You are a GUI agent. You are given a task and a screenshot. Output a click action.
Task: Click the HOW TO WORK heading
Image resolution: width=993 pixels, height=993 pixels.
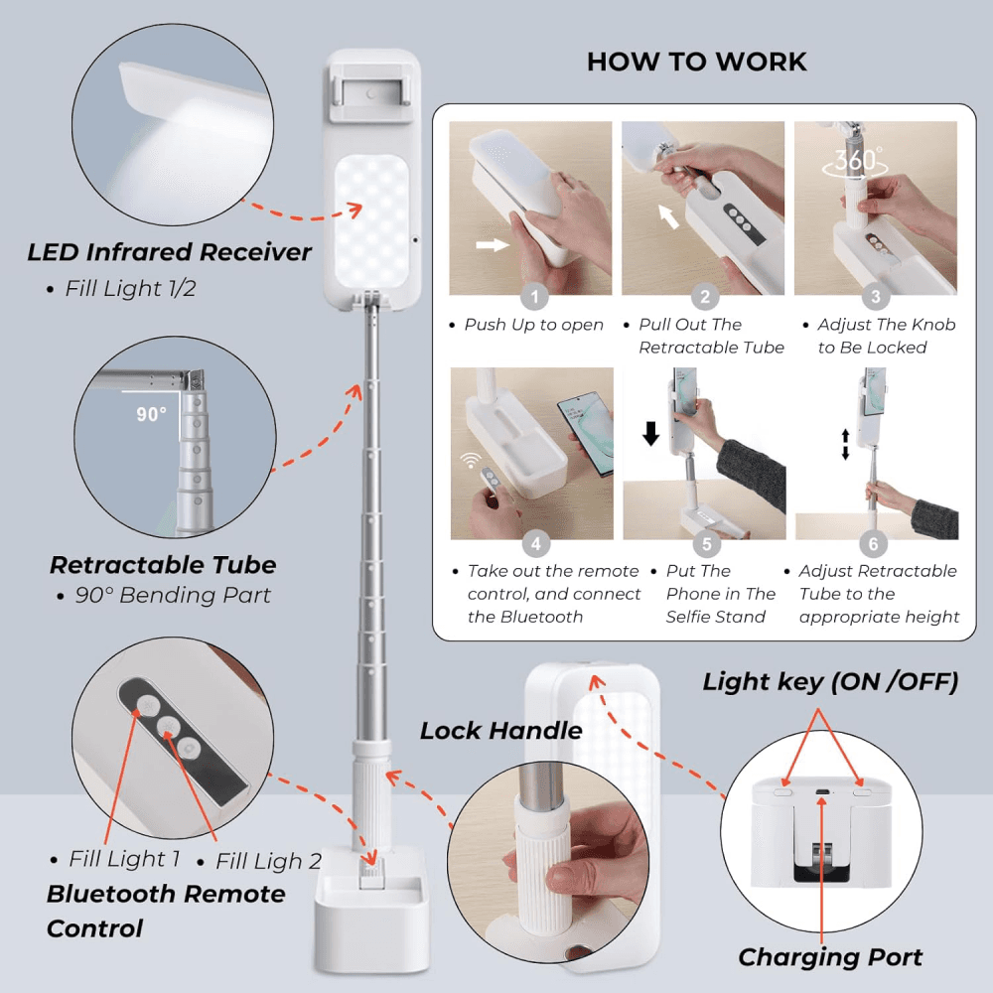click(x=696, y=62)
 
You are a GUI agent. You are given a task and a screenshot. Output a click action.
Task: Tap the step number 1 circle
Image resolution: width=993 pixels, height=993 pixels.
click(x=534, y=296)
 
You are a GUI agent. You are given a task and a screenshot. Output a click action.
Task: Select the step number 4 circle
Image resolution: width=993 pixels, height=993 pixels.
click(x=535, y=543)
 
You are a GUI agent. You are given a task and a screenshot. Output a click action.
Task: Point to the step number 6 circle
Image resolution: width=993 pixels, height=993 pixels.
click(x=874, y=543)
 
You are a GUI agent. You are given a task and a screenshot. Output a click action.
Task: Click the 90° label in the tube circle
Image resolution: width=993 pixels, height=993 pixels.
click(x=152, y=414)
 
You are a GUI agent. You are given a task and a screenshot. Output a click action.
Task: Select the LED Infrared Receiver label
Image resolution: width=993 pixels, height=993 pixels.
click(x=169, y=252)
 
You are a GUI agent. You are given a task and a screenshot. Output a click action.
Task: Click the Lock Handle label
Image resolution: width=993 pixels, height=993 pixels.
click(x=500, y=731)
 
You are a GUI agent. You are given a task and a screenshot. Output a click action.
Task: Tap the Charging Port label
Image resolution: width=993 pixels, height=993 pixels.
click(x=830, y=957)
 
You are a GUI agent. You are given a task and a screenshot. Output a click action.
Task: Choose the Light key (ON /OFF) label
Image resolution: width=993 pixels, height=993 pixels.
click(x=830, y=682)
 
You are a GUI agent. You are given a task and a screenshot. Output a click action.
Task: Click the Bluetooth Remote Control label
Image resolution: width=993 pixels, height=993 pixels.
click(x=165, y=911)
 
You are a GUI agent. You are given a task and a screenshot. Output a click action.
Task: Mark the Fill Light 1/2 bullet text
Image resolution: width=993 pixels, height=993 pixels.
click(x=126, y=289)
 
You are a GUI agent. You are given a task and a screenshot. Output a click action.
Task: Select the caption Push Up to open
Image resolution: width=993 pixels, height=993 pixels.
click(x=533, y=325)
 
